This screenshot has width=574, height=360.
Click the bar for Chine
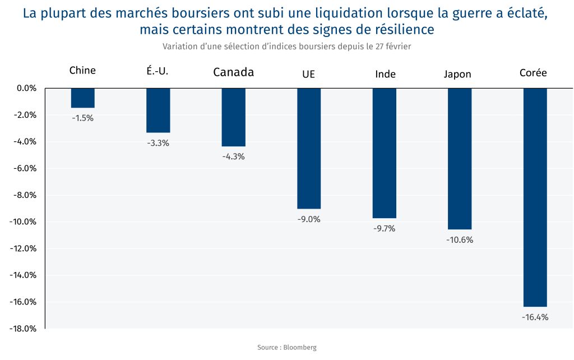click(x=82, y=98)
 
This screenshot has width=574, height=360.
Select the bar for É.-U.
click(x=158, y=110)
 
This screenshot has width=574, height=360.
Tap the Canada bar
click(x=233, y=117)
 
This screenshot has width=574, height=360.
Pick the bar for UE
click(x=309, y=149)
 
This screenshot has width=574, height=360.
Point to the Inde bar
click(x=384, y=153)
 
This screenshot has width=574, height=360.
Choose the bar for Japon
click(x=460, y=159)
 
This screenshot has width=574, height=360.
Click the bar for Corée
click(x=535, y=197)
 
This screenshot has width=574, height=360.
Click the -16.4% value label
click(x=535, y=317)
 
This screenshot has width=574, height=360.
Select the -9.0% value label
click(x=309, y=219)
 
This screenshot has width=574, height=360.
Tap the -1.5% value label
click(x=82, y=118)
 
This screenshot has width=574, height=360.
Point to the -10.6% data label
click(x=460, y=240)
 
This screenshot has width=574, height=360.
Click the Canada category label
click(x=233, y=72)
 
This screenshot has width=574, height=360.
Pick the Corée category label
click(x=533, y=73)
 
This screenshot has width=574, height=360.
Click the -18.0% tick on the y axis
click(x=22, y=329)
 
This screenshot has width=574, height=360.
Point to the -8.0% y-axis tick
click(x=24, y=195)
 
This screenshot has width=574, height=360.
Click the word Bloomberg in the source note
click(x=300, y=348)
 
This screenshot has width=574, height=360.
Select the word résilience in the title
click(x=399, y=29)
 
